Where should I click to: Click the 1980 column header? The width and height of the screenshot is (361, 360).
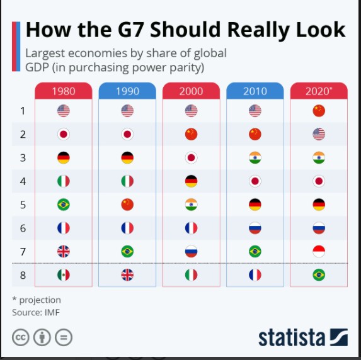click(x=63, y=91)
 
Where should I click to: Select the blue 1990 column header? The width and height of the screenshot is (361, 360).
click(x=127, y=91)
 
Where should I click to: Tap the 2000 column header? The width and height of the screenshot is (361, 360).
click(x=192, y=91)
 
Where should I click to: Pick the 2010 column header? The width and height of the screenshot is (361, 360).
click(x=255, y=91)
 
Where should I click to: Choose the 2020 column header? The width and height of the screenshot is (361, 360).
click(x=319, y=91)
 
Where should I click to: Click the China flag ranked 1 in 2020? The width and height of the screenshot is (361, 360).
click(x=319, y=111)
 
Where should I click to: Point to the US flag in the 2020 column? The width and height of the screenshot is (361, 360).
click(x=319, y=134)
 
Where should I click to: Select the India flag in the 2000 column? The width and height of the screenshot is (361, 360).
click(x=192, y=205)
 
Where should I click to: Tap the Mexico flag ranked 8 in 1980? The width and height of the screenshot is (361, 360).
click(x=63, y=275)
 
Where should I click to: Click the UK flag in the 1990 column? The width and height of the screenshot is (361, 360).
click(x=127, y=275)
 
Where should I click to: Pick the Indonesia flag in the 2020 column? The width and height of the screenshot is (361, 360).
click(x=319, y=252)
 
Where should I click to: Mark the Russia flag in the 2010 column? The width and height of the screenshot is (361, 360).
click(x=255, y=228)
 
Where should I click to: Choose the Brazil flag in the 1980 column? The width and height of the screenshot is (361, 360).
click(x=63, y=205)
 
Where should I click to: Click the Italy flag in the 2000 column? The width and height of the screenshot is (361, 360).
click(x=192, y=275)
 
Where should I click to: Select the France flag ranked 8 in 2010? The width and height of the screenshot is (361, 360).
click(x=255, y=275)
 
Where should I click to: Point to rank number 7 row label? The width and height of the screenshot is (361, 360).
click(x=23, y=252)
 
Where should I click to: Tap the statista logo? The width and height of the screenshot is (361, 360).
click(x=302, y=336)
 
